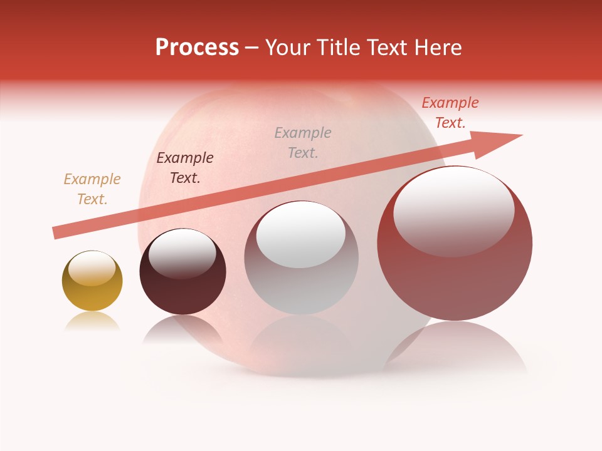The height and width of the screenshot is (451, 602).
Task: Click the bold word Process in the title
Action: (x=197, y=48)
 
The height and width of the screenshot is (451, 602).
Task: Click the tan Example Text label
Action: (x=92, y=189)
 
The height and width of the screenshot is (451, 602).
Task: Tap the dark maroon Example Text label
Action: (x=185, y=168)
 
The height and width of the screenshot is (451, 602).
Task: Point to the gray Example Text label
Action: (x=303, y=142)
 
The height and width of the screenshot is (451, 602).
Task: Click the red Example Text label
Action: (x=450, y=113)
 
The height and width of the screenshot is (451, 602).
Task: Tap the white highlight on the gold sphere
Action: (x=92, y=270)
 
